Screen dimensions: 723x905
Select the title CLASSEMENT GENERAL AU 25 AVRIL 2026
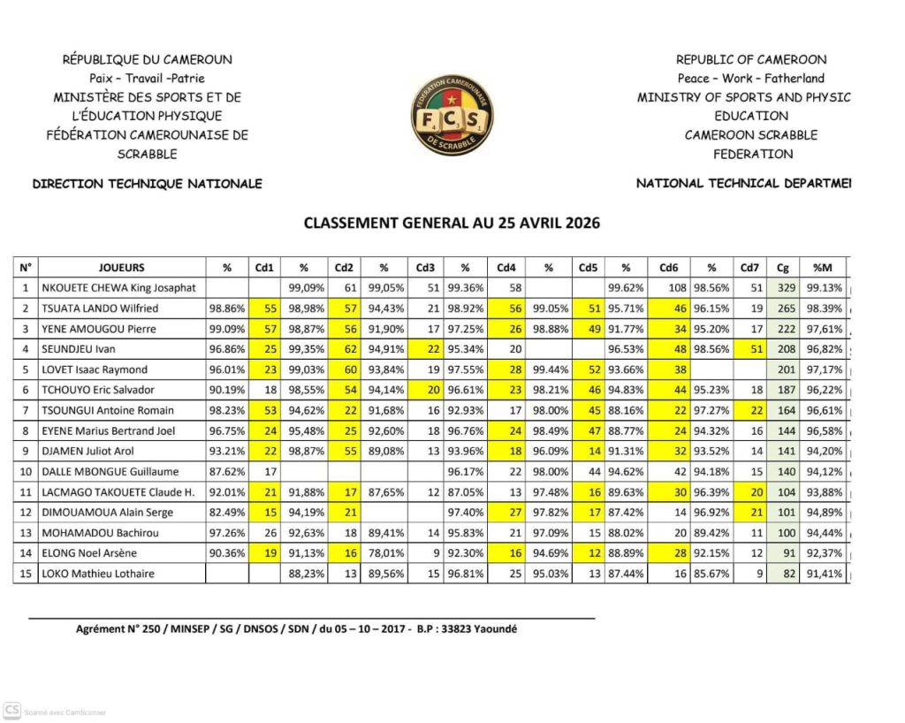452,223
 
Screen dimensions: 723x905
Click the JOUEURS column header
121,267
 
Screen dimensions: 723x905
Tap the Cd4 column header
506,267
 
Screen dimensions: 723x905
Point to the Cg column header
783,267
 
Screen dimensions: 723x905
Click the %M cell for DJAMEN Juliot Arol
823,451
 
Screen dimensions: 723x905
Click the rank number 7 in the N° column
26,410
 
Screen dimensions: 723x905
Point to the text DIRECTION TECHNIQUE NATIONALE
147,184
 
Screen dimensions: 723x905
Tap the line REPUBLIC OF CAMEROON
751,60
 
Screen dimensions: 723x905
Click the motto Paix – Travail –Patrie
147,79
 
